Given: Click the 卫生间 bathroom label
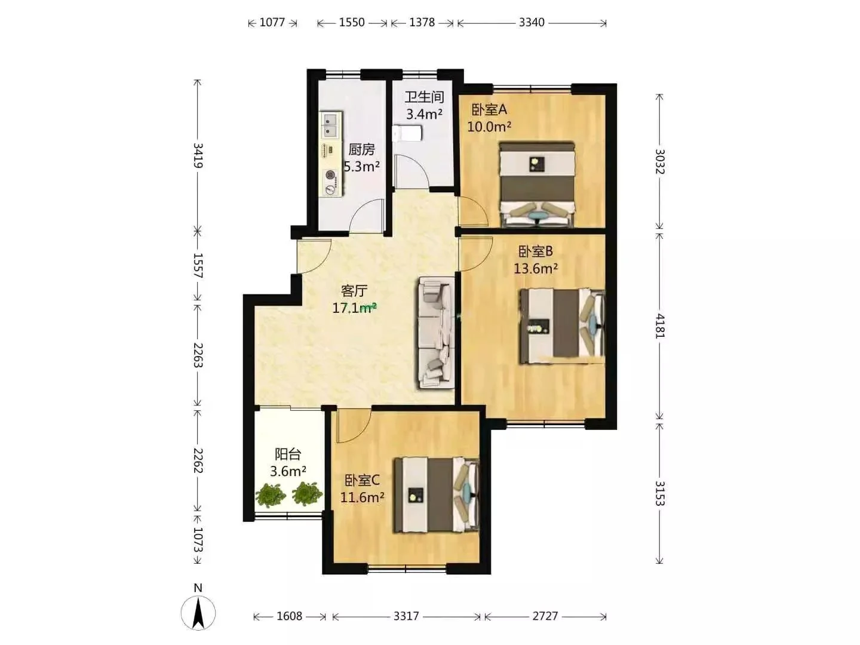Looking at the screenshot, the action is [x=424, y=97].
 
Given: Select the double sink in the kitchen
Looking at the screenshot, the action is [x=331, y=125].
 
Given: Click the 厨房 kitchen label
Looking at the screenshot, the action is [x=361, y=149].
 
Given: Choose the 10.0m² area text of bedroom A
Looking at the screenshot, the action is [x=489, y=127].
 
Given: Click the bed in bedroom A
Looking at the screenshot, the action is [x=537, y=185].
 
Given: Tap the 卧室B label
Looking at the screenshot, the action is [x=536, y=251].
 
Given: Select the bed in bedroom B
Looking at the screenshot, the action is [x=562, y=327].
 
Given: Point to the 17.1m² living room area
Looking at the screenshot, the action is [x=354, y=308].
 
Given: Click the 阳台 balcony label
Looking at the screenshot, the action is [x=288, y=454].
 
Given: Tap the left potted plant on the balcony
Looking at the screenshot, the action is [x=271, y=495].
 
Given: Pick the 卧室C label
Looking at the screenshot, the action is [x=362, y=480].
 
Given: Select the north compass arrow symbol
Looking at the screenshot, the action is [x=198, y=613].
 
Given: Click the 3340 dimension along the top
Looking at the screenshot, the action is [x=532, y=23].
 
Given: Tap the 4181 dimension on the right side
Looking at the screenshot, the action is [x=660, y=326].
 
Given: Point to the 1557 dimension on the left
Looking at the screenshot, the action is [x=198, y=266].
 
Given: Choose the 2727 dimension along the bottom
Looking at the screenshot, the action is [x=545, y=616].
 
